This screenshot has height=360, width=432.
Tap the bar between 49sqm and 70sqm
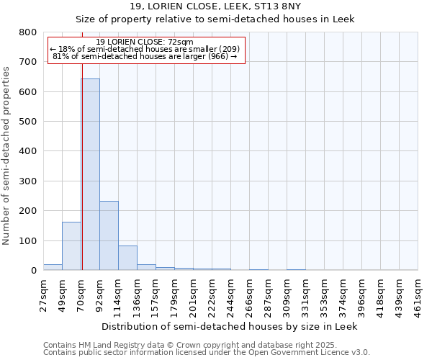71,246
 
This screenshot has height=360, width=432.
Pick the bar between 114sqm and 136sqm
127,258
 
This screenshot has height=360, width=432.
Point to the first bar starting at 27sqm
53,267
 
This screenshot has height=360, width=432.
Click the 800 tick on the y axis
27,32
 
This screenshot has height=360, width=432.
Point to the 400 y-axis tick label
27,151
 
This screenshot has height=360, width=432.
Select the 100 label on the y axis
27,240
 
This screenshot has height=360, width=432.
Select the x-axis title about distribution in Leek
230,326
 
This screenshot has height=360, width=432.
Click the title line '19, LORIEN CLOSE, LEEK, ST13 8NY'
215,6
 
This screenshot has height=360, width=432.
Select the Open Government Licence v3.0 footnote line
207,353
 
